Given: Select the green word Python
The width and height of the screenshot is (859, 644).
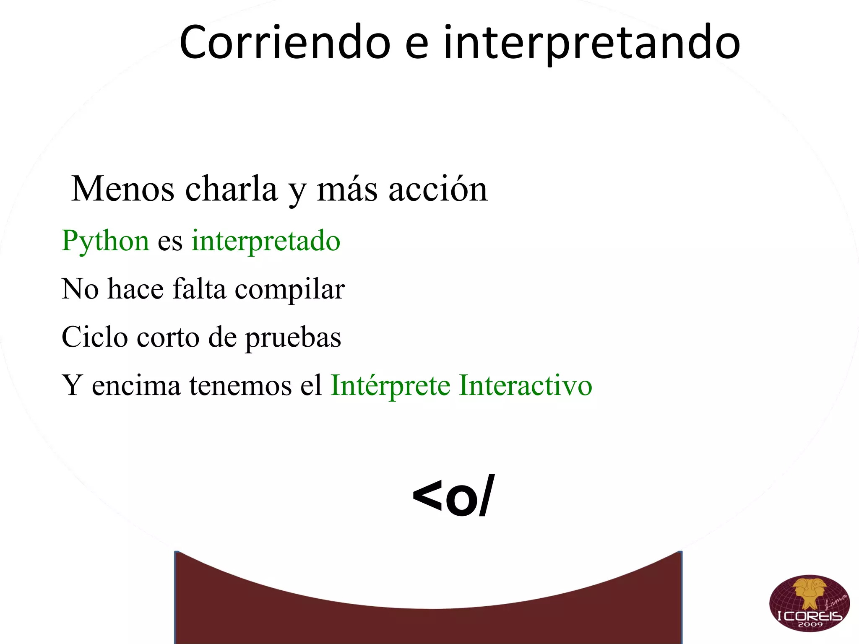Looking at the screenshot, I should pos(105,241).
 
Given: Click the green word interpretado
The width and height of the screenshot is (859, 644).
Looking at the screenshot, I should pos(266,241).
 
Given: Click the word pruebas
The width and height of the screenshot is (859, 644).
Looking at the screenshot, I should pos(293,338).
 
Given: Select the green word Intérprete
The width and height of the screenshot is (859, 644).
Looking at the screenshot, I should pos(390,386).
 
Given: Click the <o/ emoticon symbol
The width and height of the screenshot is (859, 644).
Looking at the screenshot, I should pos(453,497).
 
